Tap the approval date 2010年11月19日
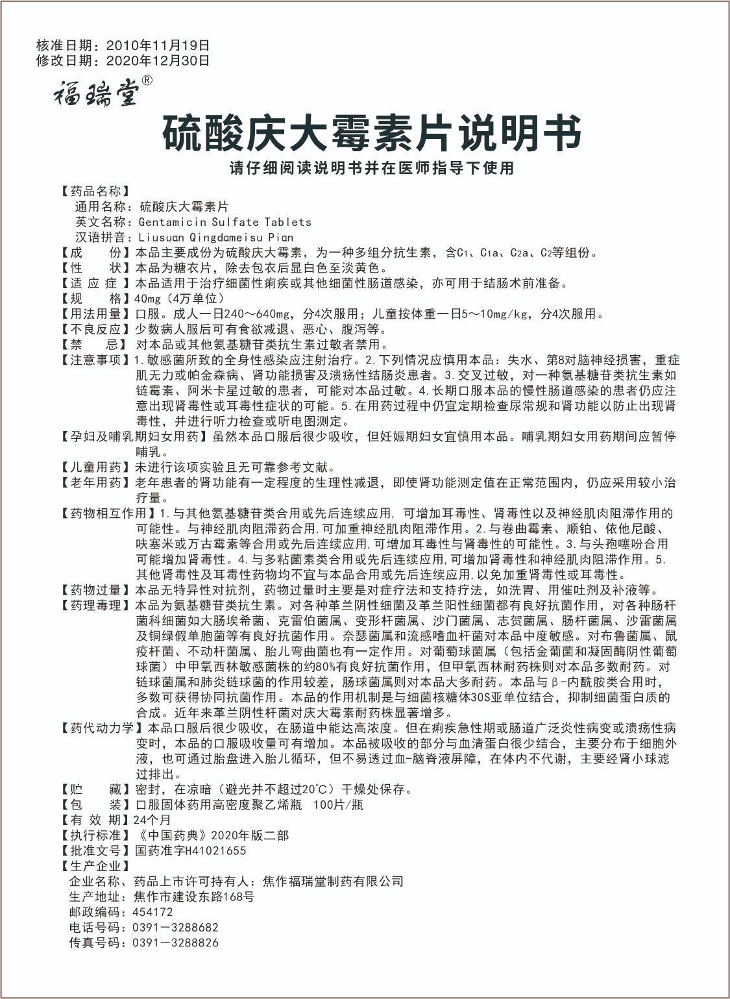pos(157,46)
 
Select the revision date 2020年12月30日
pos(157,61)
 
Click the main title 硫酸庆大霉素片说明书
pos(371,133)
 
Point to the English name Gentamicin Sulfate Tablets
pos(225,222)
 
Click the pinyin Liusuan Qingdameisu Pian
pos(216,238)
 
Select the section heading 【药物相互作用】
pos(105,513)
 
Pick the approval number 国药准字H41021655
pos(190,850)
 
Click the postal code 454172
pos(153,912)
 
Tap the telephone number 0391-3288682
pos(176,928)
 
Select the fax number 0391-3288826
pos(176,943)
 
